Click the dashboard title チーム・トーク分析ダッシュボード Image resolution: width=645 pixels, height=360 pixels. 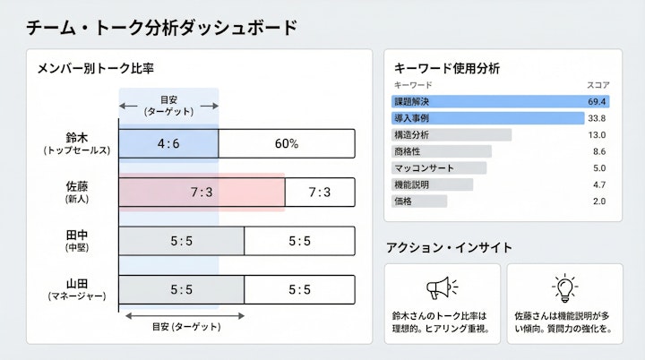coord(161,27)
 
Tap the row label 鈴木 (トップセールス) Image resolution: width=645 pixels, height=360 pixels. coord(77,143)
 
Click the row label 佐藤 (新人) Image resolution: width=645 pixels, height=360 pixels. coord(77,192)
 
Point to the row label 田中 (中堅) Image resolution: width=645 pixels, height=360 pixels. coord(77,240)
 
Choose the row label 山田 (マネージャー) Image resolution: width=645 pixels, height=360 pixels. coord(77,288)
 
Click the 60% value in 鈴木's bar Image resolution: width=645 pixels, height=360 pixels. coord(287,143)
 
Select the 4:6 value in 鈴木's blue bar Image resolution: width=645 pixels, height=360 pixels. coord(168,143)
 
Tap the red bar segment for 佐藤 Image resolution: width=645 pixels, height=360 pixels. coord(202,192)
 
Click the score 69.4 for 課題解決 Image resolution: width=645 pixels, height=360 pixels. coord(598,101)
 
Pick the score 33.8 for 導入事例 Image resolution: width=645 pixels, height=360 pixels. coord(598,118)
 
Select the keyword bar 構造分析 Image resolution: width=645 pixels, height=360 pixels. coord(451,134)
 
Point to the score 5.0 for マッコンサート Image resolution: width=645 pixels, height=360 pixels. coord(599,167)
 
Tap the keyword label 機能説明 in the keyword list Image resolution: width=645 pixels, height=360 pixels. coord(411,184)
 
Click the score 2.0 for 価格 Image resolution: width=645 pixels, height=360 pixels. coord(599,201)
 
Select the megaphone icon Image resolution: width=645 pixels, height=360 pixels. coord(442,287)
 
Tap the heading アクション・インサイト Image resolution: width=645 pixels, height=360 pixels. coord(449,247)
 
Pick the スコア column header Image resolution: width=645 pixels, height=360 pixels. coord(598,84)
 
